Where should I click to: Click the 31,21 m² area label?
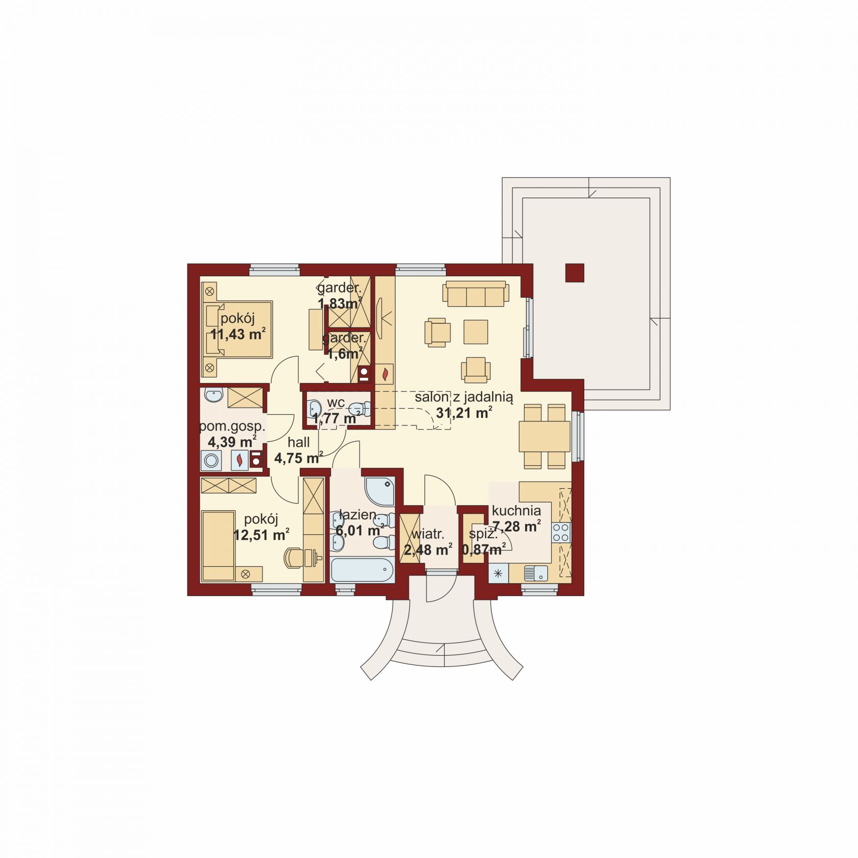click(x=464, y=413)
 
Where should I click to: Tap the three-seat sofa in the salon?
click(x=476, y=294)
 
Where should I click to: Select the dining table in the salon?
click(x=544, y=436)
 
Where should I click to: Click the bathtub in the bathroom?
click(x=362, y=570)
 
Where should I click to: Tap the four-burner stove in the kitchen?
click(x=561, y=532)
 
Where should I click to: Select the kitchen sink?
click(x=535, y=574)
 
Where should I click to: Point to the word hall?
click(x=298, y=442)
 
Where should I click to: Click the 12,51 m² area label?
click(x=261, y=535)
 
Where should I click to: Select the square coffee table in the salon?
click(x=475, y=331)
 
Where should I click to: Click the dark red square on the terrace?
click(x=575, y=273)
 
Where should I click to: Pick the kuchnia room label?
click(x=516, y=510)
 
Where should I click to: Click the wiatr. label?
click(x=428, y=534)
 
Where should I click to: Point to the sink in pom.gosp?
click(x=213, y=395)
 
